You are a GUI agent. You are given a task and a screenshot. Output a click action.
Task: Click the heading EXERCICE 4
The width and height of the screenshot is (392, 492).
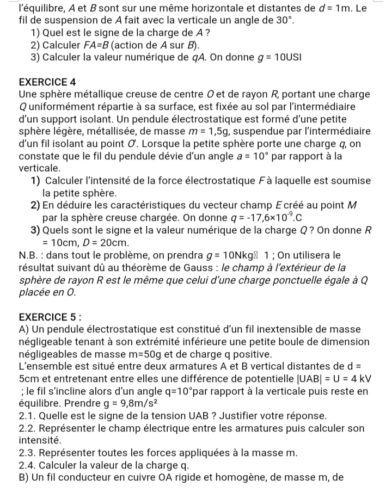(47, 82)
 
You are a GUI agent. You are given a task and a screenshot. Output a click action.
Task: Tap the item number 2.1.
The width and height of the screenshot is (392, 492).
(27, 416)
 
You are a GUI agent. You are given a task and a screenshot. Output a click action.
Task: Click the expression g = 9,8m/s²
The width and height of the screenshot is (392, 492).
(126, 404)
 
